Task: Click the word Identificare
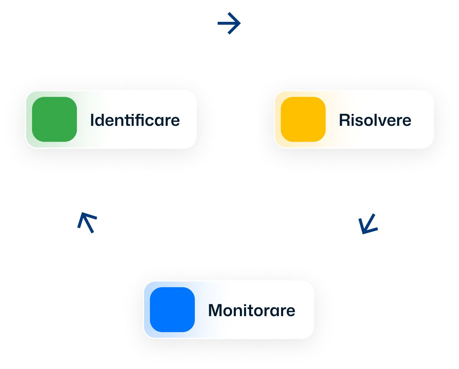point(135,120)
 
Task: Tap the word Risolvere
point(375,120)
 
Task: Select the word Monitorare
point(251,310)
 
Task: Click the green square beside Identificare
point(55,119)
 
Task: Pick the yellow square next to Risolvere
point(303,119)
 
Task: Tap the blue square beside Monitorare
point(172,310)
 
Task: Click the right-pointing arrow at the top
point(229,23)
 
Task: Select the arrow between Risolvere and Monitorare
point(368,224)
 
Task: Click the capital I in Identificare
point(92,120)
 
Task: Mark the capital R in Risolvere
point(344,120)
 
